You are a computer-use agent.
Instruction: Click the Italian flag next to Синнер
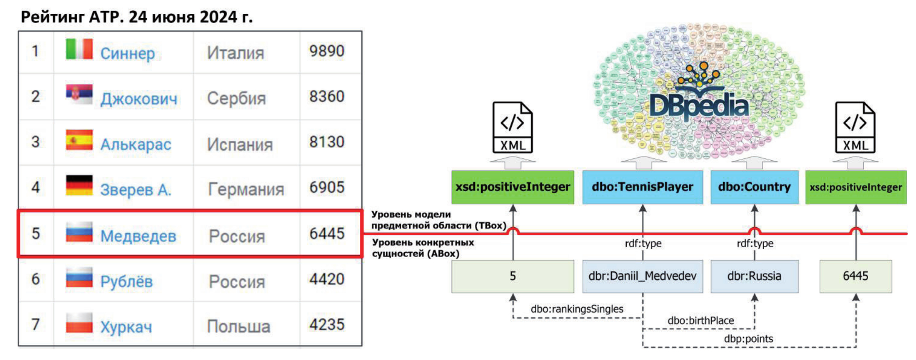pyautogui.click(x=79, y=49)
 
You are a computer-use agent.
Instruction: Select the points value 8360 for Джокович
pyautogui.click(x=327, y=96)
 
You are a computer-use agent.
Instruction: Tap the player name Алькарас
pyautogui.click(x=136, y=144)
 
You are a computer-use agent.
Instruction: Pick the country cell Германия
pyautogui.click(x=246, y=190)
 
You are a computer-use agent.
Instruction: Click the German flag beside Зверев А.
pyautogui.click(x=79, y=186)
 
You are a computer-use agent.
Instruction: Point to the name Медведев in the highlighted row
pyautogui.click(x=138, y=236)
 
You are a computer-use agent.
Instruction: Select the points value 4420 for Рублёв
pyautogui.click(x=327, y=279)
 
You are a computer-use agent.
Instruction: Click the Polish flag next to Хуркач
pyautogui.click(x=79, y=323)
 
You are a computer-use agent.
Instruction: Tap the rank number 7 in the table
pyautogui.click(x=36, y=324)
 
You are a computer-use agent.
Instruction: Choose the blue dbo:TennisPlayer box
pyautogui.click(x=642, y=187)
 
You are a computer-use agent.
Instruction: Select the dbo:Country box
pyautogui.click(x=754, y=187)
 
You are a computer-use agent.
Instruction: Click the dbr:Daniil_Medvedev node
pyautogui.click(x=642, y=276)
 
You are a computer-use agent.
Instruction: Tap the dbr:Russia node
pyautogui.click(x=754, y=276)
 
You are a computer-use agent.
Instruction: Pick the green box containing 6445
pyautogui.click(x=855, y=276)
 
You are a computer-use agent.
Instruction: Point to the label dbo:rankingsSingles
pyautogui.click(x=576, y=309)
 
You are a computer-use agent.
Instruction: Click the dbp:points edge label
pyautogui.click(x=748, y=339)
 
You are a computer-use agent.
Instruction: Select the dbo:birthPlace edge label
pyautogui.click(x=700, y=320)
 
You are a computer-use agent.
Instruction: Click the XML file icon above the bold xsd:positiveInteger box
pyautogui.click(x=513, y=128)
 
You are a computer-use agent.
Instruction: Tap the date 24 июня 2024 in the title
pyautogui.click(x=190, y=17)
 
